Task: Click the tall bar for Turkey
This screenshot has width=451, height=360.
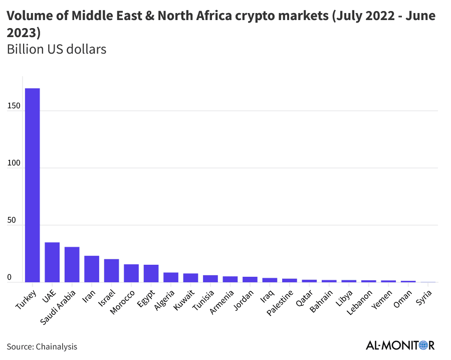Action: tap(33, 186)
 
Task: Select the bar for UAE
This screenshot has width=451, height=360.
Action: tap(52, 262)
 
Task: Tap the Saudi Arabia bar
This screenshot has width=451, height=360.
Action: tap(72, 265)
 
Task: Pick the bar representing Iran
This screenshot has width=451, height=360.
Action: tap(92, 269)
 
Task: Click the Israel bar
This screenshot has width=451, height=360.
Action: tap(111, 271)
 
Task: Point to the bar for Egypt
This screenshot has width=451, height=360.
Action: tap(151, 274)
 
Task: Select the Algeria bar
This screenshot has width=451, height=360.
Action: tap(171, 278)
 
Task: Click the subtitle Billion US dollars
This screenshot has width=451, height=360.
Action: tap(57, 50)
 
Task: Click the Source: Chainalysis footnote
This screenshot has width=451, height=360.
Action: tap(42, 346)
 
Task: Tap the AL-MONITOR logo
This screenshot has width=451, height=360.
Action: tap(400, 345)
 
